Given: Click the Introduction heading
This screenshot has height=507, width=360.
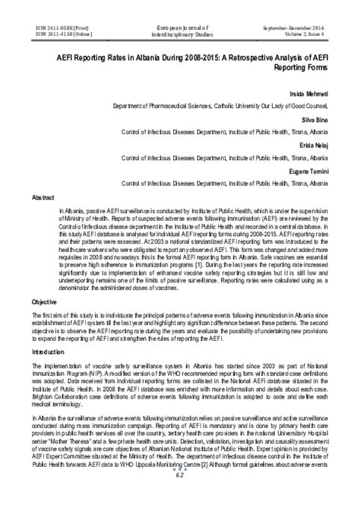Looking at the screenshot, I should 48,352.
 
